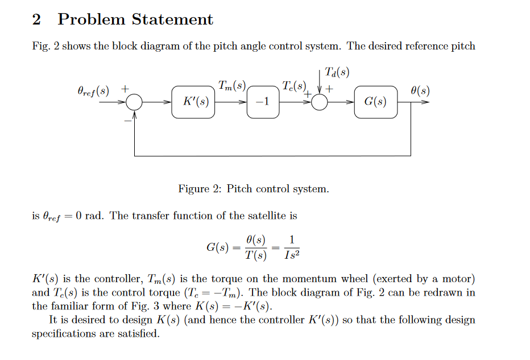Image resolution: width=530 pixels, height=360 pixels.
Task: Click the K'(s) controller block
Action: point(193,102)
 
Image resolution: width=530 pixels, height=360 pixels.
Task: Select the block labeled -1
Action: point(263,102)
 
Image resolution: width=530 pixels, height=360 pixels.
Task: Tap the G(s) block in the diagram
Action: point(375,102)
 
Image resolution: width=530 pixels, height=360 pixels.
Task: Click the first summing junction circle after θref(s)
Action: point(135,102)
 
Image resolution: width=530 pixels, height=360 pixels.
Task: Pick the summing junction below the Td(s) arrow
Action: point(320,102)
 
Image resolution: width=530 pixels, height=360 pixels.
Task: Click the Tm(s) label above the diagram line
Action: point(231,86)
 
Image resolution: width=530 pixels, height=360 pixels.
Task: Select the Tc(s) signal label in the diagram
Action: point(293,86)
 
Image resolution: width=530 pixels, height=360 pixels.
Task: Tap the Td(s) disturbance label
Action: point(337,72)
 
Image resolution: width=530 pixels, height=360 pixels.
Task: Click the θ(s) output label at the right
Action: point(420,90)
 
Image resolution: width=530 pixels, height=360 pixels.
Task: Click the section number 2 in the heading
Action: point(36,20)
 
